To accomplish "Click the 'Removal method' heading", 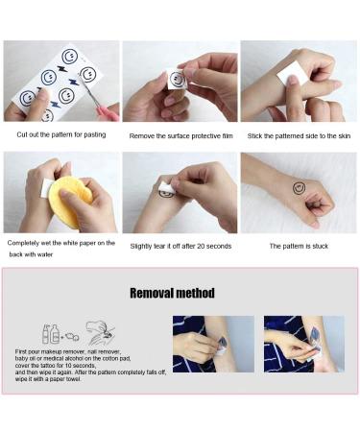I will (172, 292).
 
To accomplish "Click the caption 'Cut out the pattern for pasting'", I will (60, 135).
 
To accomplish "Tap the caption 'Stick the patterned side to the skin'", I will (298, 135).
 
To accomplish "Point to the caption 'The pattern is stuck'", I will (299, 246).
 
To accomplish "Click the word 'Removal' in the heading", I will (153, 292).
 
